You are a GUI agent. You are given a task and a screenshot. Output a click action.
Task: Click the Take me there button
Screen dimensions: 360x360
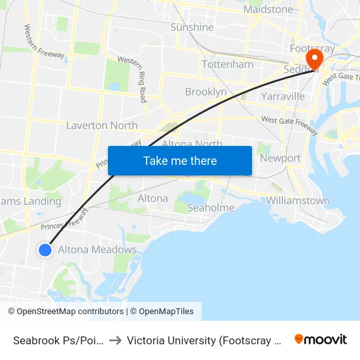(x=180, y=160)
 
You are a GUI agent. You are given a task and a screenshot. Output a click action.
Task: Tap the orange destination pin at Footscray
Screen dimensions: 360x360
(x=315, y=60)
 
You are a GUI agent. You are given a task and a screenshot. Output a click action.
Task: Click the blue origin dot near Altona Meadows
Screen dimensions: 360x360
(x=45, y=249)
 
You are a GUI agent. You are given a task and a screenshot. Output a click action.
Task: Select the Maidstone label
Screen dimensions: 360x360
(x=268, y=9)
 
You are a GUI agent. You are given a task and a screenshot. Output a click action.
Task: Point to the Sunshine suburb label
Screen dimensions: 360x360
(x=192, y=27)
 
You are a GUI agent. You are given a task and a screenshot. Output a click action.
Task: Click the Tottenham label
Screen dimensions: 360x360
(x=227, y=64)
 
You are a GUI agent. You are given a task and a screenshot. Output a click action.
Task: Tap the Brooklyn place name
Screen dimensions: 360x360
(x=206, y=92)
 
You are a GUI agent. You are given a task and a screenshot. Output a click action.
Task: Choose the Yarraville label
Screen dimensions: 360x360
(x=283, y=96)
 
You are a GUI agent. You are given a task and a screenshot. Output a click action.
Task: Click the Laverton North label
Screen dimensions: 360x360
(x=102, y=125)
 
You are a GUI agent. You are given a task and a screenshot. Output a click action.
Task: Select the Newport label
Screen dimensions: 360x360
(x=280, y=158)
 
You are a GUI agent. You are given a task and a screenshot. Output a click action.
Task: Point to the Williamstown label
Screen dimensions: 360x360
(x=298, y=200)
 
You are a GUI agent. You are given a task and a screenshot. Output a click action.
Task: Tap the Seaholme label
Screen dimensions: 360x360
(x=211, y=207)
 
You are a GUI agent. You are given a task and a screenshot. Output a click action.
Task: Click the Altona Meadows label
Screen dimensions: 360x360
(x=98, y=249)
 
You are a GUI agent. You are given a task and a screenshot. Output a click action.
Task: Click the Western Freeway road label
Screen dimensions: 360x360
(x=45, y=42)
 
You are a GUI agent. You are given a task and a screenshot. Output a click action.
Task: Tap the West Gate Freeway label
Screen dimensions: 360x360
(x=289, y=124)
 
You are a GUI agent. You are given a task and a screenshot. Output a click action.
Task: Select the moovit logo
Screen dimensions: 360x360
(x=321, y=339)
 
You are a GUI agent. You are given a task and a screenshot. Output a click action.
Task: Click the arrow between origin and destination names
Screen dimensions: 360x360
(x=115, y=340)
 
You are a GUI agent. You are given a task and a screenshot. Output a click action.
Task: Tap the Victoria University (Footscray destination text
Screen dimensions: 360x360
(x=203, y=340)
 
